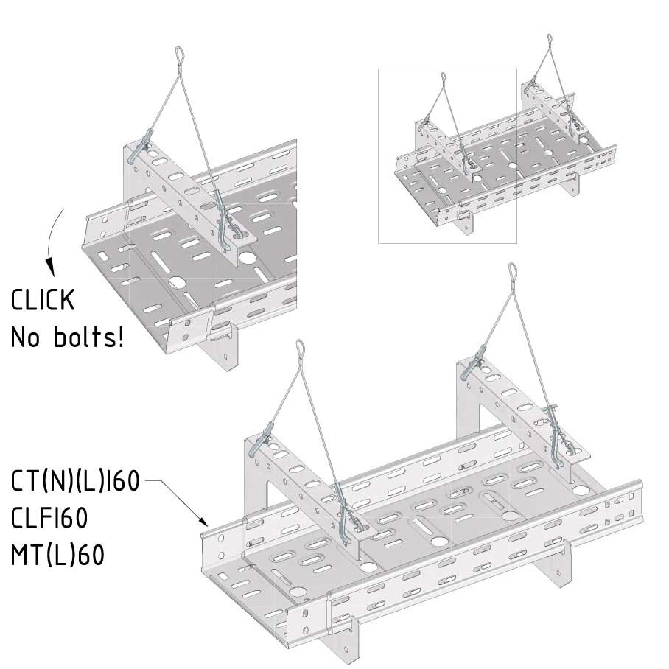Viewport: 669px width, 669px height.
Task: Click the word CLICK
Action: coord(43,299)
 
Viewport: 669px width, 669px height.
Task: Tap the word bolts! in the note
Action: coord(88,337)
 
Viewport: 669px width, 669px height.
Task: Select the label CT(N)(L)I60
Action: coord(75,480)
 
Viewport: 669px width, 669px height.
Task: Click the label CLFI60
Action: coord(49,517)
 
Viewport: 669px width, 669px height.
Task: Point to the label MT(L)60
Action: coord(57,555)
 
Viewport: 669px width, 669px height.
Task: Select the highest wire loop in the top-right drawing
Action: coord(549,39)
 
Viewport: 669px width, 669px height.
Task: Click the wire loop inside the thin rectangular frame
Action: coord(444,77)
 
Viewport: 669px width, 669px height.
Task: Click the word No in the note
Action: coord(25,337)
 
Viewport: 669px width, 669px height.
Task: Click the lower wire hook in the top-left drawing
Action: coord(225,222)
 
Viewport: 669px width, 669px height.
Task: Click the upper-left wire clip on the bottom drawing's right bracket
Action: coord(474,362)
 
